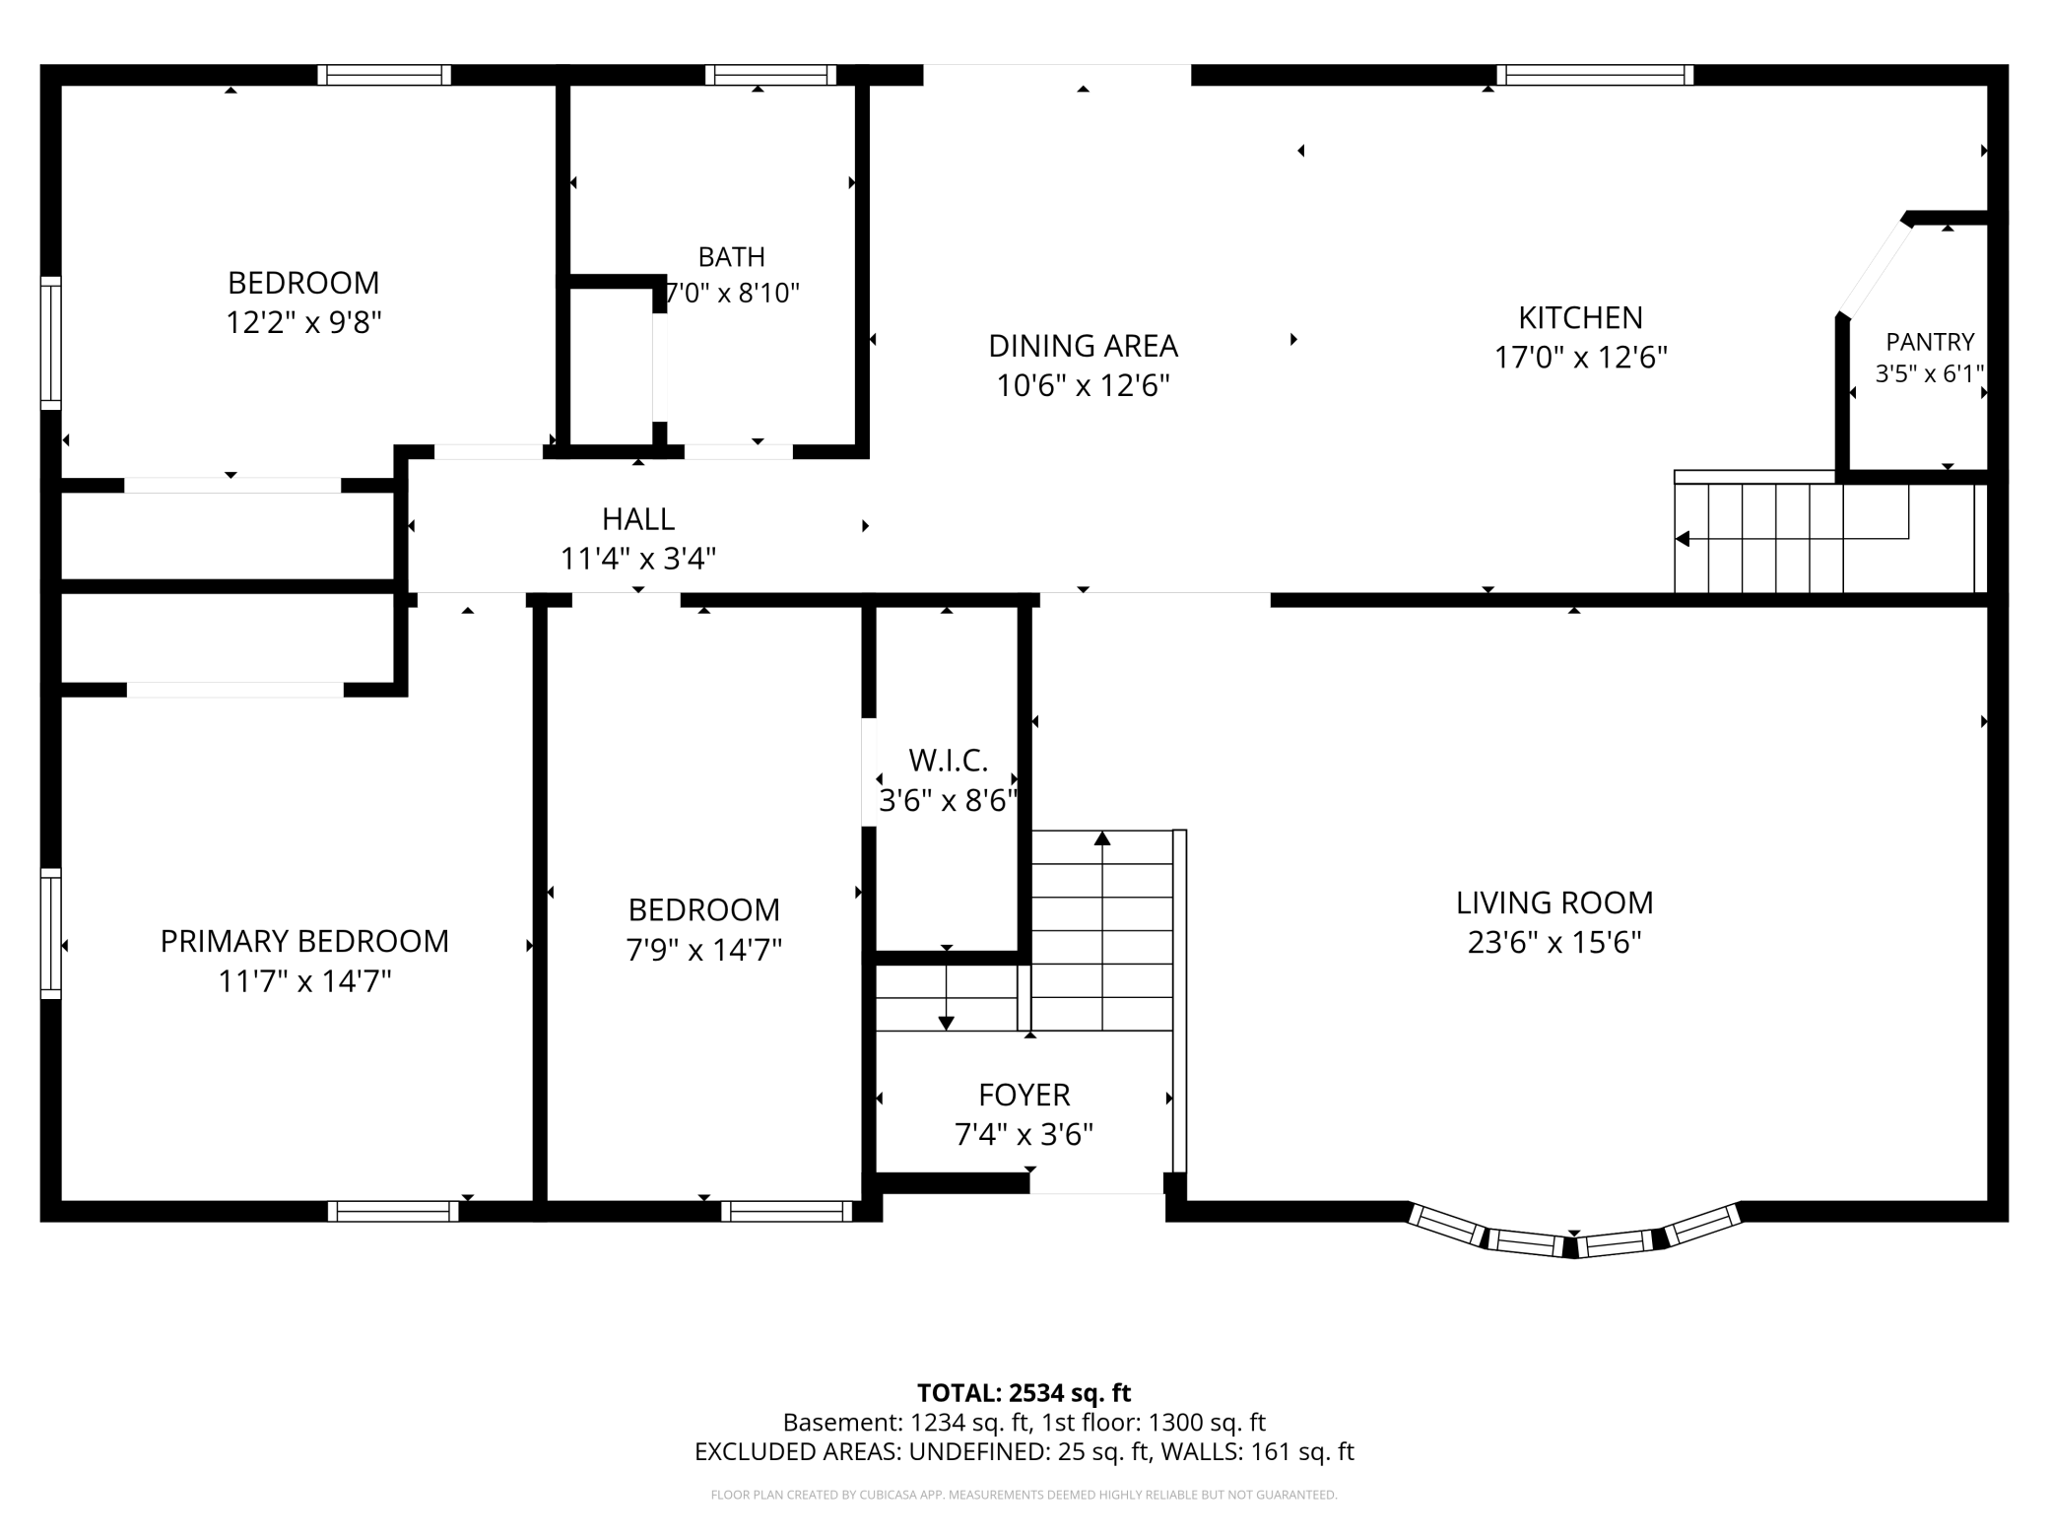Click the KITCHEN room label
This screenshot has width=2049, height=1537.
tap(1580, 317)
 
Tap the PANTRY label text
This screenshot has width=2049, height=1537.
tap(1930, 342)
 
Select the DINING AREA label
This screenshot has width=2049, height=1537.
tap(1083, 346)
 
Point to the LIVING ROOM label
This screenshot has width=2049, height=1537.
tap(1554, 902)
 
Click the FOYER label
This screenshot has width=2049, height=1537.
tap(1024, 1095)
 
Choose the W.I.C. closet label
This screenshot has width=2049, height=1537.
tap(948, 761)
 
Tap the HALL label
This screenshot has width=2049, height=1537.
tap(638, 519)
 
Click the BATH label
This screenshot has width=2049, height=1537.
tap(731, 257)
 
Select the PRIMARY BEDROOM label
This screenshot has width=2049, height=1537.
tap(304, 941)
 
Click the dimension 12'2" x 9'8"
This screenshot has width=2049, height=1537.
tap(303, 322)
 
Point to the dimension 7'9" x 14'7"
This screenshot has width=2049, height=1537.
tap(703, 950)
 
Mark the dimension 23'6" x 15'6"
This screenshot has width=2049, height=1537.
tap(1554, 943)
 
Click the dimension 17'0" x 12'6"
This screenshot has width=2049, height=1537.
tap(1580, 357)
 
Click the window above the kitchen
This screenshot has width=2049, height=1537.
tap(1595, 75)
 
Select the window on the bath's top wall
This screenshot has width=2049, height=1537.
tap(770, 75)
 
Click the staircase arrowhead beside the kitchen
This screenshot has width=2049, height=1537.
tap(1683, 539)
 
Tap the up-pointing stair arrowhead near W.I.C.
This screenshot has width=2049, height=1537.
tap(1102, 838)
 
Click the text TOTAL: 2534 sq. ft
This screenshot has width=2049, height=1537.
tap(1024, 1393)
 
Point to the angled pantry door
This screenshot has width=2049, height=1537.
tap(1875, 268)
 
